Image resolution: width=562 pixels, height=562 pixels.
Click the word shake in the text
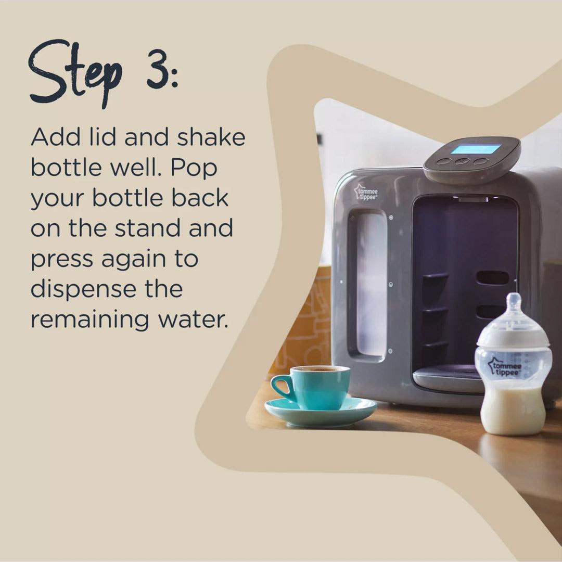click(211, 137)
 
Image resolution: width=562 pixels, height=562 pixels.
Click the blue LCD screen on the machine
click(475, 149)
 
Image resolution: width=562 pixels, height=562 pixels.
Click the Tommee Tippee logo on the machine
click(366, 191)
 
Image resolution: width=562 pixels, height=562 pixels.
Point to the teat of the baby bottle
click(514, 307)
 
